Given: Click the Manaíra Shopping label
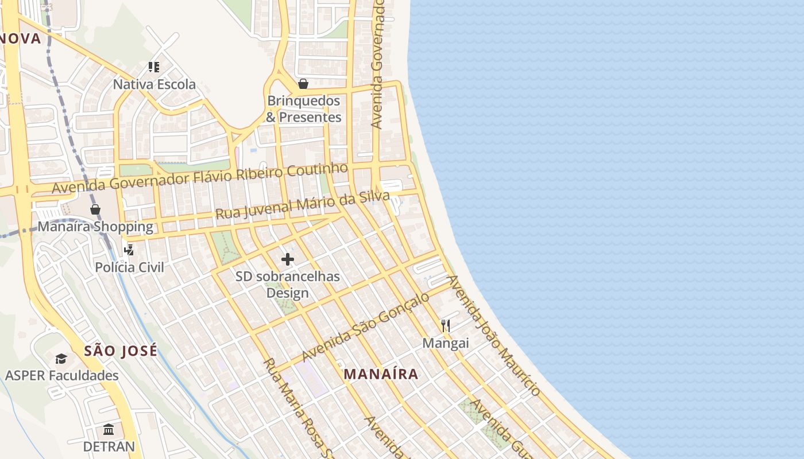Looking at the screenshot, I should (95, 227).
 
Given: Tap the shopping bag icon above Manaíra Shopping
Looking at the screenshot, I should (95, 209).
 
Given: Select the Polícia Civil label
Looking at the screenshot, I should (129, 267).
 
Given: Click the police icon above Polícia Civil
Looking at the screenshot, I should (129, 250).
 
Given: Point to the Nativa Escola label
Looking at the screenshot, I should (154, 84).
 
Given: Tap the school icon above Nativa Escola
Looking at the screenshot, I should (153, 67).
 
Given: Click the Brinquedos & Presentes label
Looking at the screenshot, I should (304, 109).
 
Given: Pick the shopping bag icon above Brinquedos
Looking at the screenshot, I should (303, 84).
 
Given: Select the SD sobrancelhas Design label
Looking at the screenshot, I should (288, 285).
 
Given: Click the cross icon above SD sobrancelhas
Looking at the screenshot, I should (288, 259).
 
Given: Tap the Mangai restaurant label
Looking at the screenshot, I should (446, 343).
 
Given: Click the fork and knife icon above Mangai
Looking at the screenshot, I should (446, 326).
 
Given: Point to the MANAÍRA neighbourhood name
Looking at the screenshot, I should (381, 374).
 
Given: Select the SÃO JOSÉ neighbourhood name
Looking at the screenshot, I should (121, 351).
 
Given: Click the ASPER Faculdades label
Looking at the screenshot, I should (61, 376).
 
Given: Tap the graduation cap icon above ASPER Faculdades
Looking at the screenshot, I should (61, 359).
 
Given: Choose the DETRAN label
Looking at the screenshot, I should (109, 446).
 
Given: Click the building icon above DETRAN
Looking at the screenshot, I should (109, 430).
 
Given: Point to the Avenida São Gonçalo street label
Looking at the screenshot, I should (365, 326).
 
